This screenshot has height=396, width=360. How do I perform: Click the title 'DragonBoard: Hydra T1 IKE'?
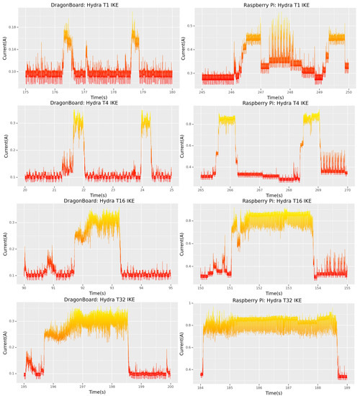pyautogui.click(x=98, y=4)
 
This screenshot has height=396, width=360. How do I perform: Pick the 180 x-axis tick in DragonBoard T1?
pyautogui.click(x=172, y=92)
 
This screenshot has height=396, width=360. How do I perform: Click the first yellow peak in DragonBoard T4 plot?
pyautogui.click(x=77, y=122)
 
